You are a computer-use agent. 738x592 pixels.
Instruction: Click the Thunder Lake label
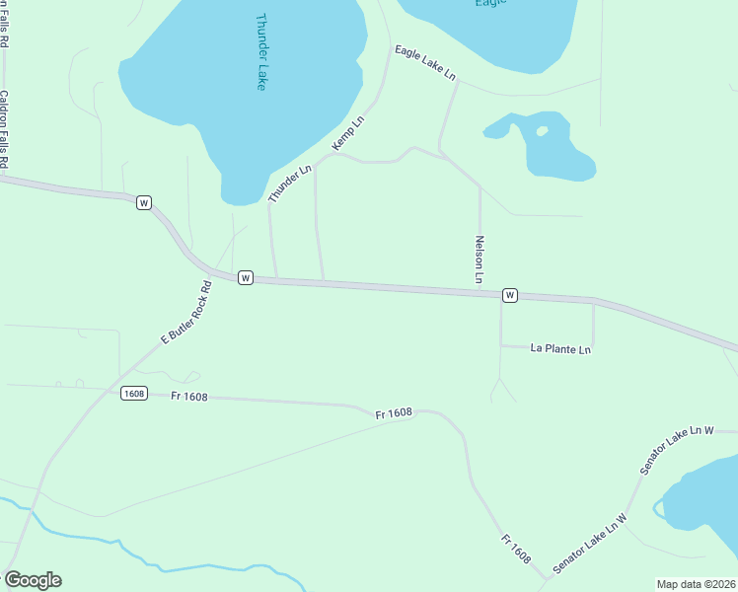click(x=261, y=51)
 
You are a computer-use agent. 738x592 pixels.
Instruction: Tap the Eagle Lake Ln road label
click(x=425, y=61)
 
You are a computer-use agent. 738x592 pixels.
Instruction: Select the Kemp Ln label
click(x=348, y=133)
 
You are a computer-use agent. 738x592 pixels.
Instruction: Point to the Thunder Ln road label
click(x=290, y=184)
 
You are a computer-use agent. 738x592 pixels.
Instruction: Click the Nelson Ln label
click(x=480, y=259)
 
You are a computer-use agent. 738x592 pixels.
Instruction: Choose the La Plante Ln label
click(x=560, y=348)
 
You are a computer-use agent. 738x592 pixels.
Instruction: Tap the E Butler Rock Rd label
click(x=186, y=313)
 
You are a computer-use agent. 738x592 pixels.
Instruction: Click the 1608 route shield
click(x=134, y=394)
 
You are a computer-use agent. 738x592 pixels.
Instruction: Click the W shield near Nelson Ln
click(x=509, y=295)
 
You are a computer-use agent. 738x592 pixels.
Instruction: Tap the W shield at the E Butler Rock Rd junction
click(x=246, y=278)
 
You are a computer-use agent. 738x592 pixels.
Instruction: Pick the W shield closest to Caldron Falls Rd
click(x=144, y=202)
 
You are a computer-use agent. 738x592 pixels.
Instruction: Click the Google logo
click(x=32, y=580)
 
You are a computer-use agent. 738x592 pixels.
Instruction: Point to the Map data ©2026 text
click(x=696, y=584)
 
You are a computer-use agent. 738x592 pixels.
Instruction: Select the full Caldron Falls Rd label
click(x=4, y=129)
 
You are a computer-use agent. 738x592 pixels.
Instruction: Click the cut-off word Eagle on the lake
click(x=490, y=3)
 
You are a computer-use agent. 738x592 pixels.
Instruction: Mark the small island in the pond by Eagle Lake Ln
click(x=541, y=130)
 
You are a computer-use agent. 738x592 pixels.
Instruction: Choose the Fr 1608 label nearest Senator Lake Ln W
click(x=515, y=549)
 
